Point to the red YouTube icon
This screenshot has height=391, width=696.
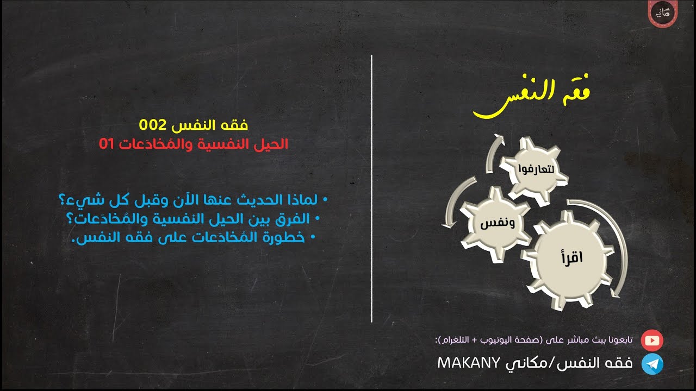point(652,340)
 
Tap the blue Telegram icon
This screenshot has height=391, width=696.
point(652,364)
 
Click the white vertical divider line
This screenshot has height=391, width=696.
point(372,187)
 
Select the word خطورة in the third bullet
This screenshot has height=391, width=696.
point(290,237)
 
